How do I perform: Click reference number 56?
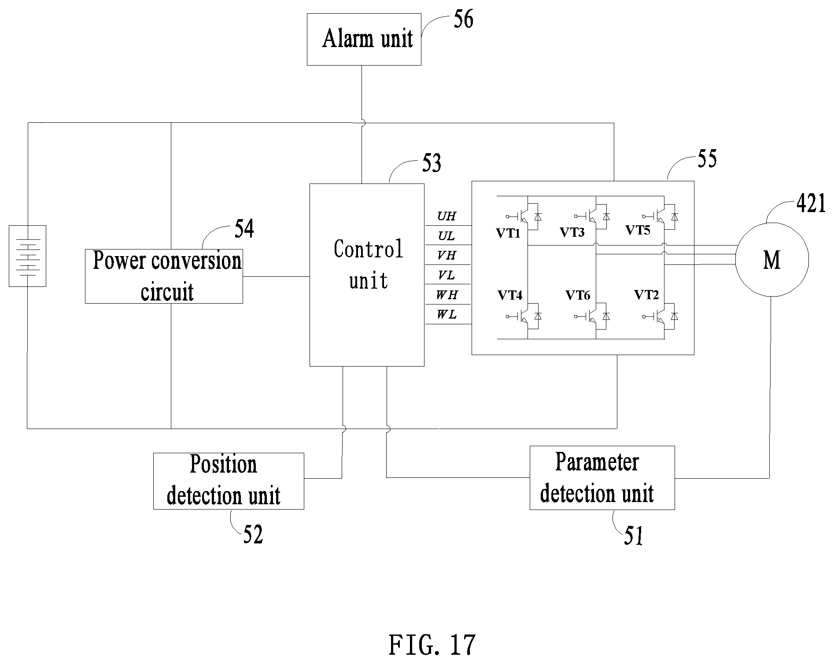click(x=463, y=20)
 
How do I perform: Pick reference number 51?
click(x=634, y=536)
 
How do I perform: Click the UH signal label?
click(x=447, y=216)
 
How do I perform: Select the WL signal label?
click(x=447, y=315)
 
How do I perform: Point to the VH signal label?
click(x=447, y=255)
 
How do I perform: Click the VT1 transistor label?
click(x=508, y=233)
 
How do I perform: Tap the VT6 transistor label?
click(x=577, y=295)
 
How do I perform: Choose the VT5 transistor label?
click(x=638, y=230)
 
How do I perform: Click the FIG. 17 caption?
click(x=432, y=645)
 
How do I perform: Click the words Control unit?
click(x=369, y=264)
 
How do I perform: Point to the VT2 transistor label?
click(x=646, y=295)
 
